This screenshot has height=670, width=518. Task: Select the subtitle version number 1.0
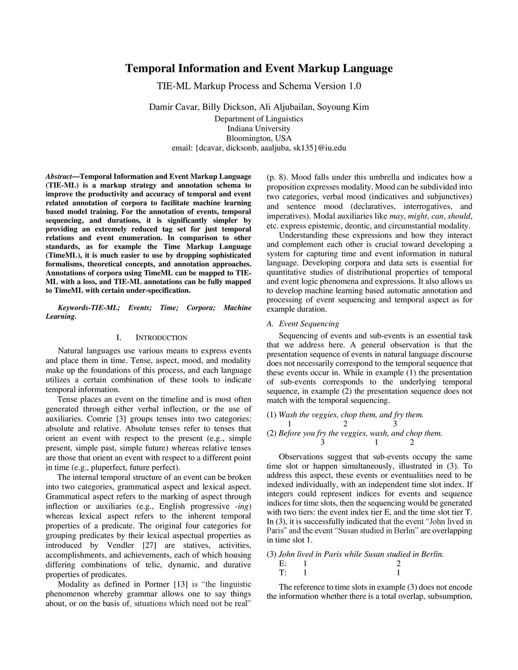pos(355,86)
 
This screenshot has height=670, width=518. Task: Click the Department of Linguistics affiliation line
pos(258,119)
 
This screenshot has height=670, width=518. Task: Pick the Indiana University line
pos(258,128)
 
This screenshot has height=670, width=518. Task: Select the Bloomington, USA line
pos(258,138)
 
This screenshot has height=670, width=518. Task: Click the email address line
pos(258,148)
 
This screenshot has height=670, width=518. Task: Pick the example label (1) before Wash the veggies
pos(272,415)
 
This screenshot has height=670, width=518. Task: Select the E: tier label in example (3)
pos(283,564)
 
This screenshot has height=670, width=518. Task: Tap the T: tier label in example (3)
pos(283,573)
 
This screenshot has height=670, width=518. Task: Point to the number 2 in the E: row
pos(399,564)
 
